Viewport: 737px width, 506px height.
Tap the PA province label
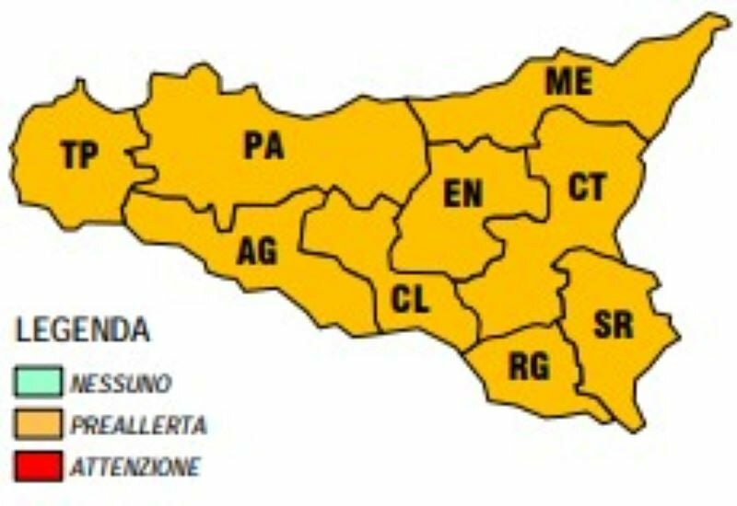coord(263,146)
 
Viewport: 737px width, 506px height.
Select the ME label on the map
coord(567,81)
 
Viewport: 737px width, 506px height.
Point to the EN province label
coord(462,194)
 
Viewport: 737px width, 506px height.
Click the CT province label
coord(587,188)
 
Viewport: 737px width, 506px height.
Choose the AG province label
coord(257,250)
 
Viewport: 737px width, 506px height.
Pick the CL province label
coord(410,300)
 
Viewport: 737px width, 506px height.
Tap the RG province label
coord(529,367)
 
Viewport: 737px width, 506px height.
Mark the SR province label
coord(613,324)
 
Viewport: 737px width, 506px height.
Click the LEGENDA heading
coord(83,329)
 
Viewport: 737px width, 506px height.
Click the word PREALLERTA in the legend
coord(138,425)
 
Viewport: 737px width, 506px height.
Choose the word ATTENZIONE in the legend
coord(135,467)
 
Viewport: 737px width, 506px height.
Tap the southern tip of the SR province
coord(635,428)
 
